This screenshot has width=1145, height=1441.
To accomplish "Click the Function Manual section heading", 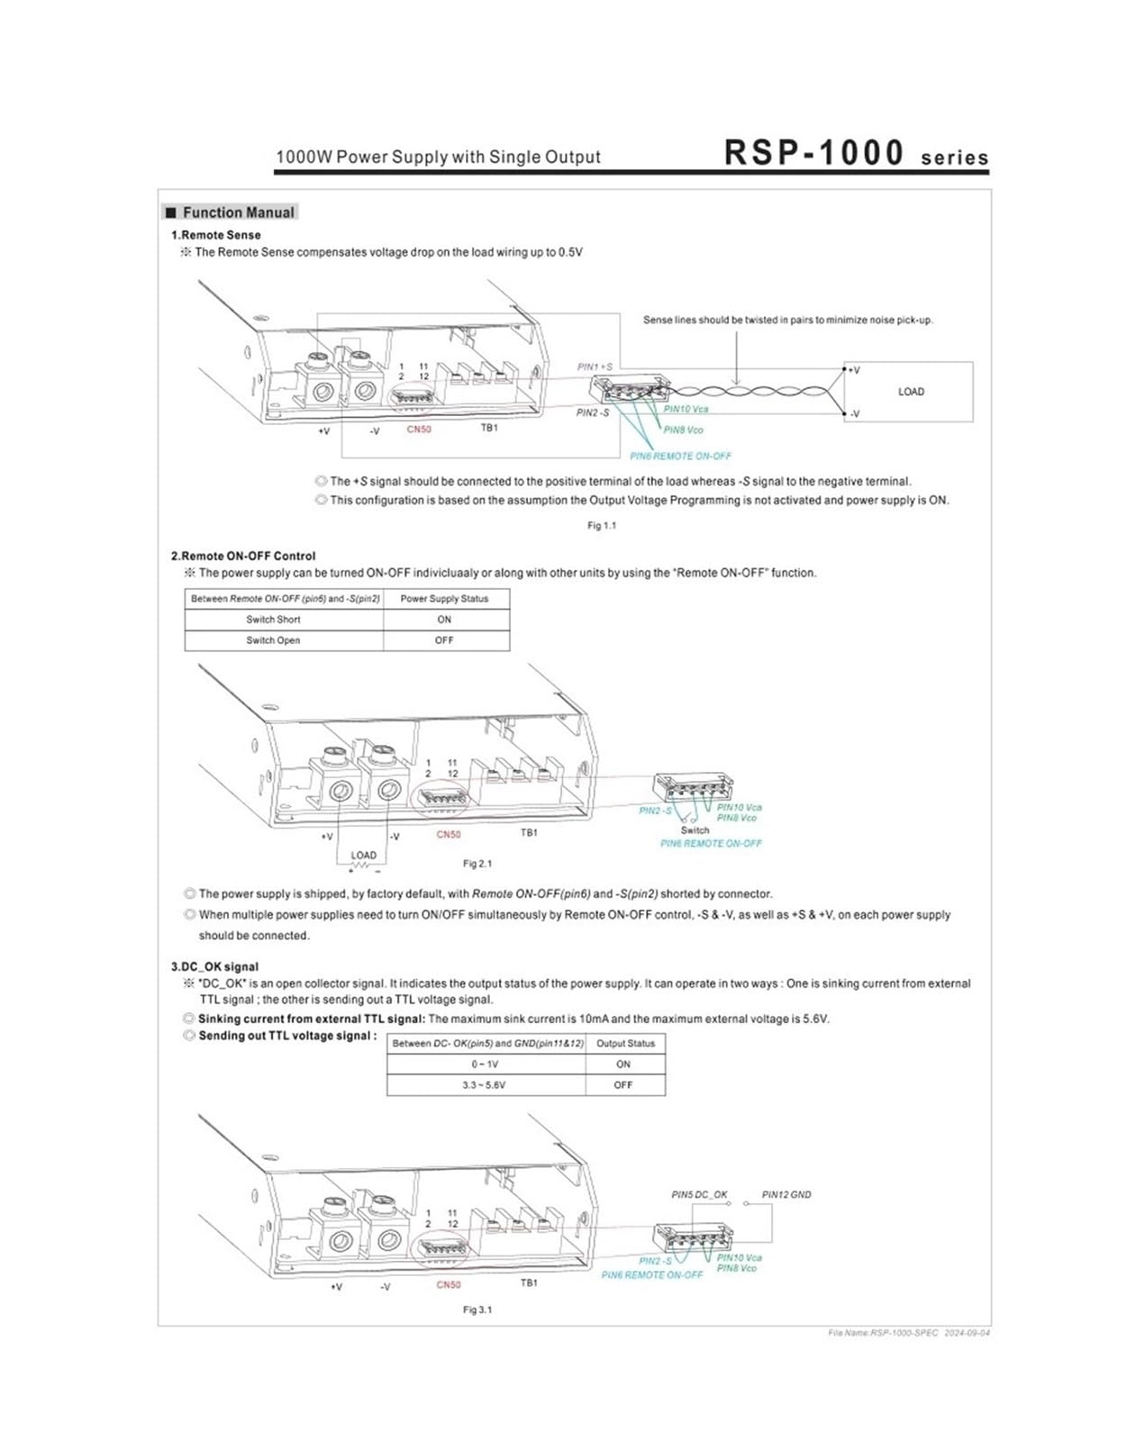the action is pyautogui.click(x=239, y=213).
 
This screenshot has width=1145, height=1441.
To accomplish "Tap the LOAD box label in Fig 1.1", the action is pyautogui.click(x=911, y=392).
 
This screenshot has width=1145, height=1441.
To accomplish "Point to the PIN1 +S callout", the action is pyautogui.click(x=595, y=367).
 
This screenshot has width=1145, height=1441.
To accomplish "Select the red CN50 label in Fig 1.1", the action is pyautogui.click(x=419, y=429).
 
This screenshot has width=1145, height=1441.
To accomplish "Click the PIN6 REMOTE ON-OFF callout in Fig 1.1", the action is pyautogui.click(x=680, y=456).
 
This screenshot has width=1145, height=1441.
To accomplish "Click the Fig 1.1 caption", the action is pyautogui.click(x=601, y=526).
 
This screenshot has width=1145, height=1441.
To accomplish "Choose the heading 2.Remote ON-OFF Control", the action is pyautogui.click(x=243, y=556).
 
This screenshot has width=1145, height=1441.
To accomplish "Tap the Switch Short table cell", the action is pyautogui.click(x=273, y=620).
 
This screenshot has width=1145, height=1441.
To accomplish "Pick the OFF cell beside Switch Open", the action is pyautogui.click(x=443, y=640).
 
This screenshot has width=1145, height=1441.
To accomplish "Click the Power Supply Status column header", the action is pyautogui.click(x=444, y=599).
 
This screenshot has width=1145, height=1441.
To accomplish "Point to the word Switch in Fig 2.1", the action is pyautogui.click(x=695, y=829).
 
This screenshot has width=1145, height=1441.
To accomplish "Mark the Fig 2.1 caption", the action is pyautogui.click(x=477, y=864).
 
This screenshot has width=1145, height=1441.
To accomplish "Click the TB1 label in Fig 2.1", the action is pyautogui.click(x=529, y=832).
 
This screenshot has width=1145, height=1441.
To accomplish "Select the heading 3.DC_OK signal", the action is pyautogui.click(x=214, y=966).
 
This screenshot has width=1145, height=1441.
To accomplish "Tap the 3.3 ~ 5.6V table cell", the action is pyautogui.click(x=484, y=1084).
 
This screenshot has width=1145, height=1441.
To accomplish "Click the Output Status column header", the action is pyautogui.click(x=625, y=1043).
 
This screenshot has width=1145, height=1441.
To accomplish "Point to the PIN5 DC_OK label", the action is pyautogui.click(x=699, y=1194).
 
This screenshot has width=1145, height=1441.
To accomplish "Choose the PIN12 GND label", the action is pyautogui.click(x=786, y=1194).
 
